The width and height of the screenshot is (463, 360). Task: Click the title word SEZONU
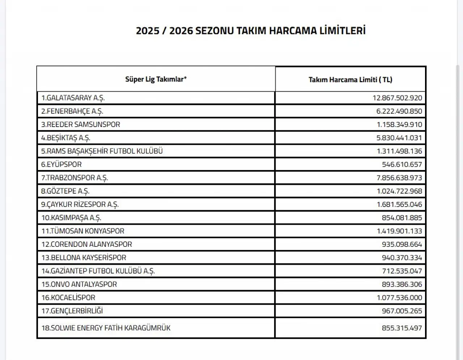214,30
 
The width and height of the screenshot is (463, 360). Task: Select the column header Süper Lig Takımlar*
156,79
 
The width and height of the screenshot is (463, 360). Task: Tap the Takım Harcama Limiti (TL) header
350,80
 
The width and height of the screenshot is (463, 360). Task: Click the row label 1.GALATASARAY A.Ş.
73,98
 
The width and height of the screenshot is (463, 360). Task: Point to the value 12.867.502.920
397,98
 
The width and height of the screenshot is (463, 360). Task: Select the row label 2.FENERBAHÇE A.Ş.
72,111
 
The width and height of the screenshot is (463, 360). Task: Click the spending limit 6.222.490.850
399,111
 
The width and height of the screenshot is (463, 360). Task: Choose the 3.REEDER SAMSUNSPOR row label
80,124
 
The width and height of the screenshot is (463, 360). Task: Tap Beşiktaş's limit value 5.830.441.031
399,138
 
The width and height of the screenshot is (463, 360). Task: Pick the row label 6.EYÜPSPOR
61,165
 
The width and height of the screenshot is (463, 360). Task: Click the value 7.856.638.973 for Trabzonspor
399,178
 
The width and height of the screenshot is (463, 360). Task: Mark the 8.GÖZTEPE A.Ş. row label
65,191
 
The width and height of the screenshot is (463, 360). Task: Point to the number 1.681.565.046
399,204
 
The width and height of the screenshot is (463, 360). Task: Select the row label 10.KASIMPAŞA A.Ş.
71,218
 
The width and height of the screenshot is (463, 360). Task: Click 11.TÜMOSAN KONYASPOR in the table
83,231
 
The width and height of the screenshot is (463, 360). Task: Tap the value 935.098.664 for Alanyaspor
402,245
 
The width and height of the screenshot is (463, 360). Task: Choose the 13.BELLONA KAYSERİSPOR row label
84,258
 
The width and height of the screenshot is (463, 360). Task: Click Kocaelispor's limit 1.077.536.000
399,298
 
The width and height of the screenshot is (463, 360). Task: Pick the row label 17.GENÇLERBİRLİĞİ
72,311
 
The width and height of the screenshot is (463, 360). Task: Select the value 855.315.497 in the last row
402,328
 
